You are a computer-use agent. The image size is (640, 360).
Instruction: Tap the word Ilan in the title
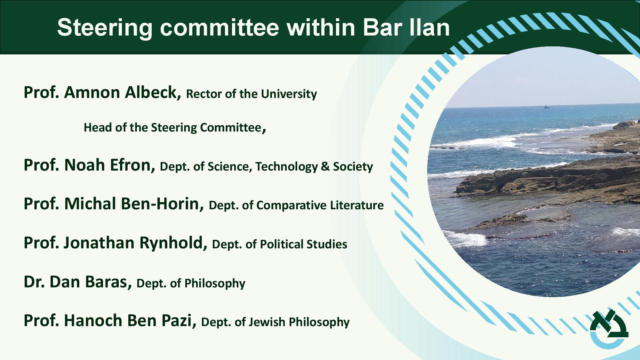(x=429, y=27)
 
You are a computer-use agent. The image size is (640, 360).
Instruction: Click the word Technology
(x=286, y=167)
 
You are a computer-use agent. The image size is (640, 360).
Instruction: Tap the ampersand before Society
(x=325, y=167)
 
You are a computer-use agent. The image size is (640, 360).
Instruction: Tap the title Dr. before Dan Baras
(x=34, y=282)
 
